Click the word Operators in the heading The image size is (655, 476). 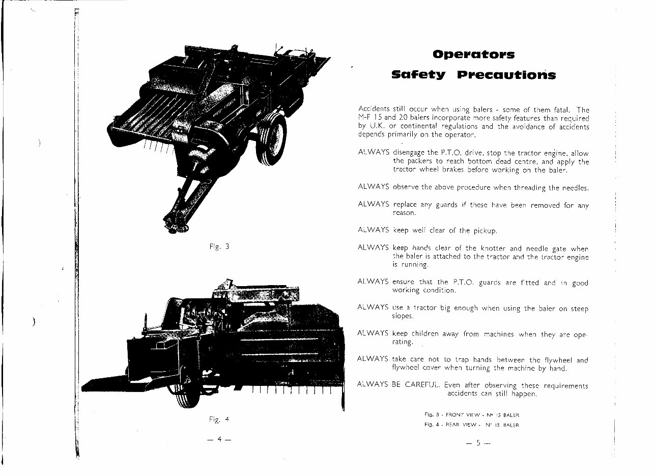point(473,54)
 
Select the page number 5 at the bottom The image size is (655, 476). point(478,443)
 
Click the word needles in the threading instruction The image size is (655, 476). point(576,188)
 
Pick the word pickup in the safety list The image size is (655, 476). point(485,231)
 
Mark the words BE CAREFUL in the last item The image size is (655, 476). point(417,385)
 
